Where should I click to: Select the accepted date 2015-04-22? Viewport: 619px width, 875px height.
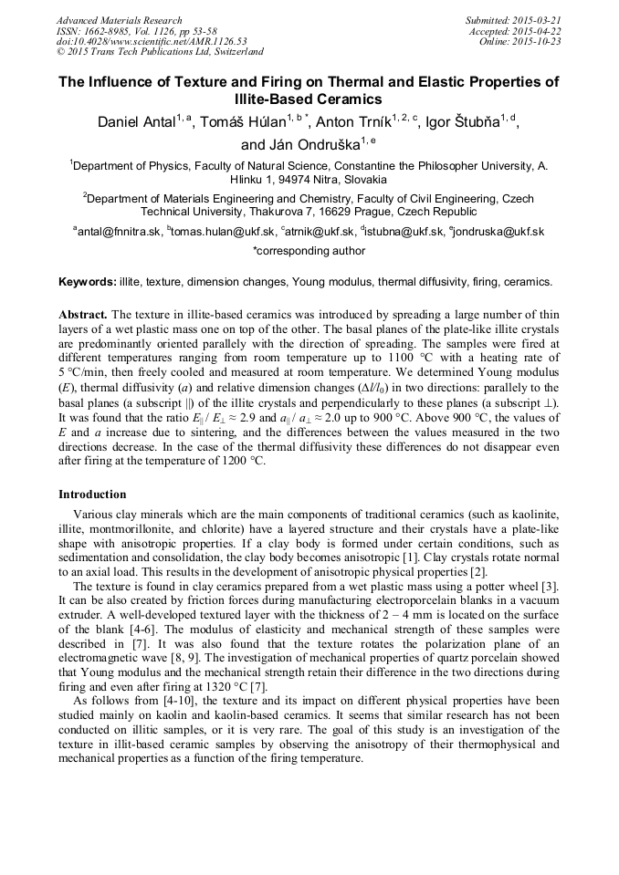(x=539, y=31)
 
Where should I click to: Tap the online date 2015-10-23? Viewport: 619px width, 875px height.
(x=539, y=42)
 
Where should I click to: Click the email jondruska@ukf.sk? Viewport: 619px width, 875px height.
(x=503, y=232)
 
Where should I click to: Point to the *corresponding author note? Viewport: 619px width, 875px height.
(x=309, y=250)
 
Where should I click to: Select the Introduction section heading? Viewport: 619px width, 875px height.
(x=92, y=495)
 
